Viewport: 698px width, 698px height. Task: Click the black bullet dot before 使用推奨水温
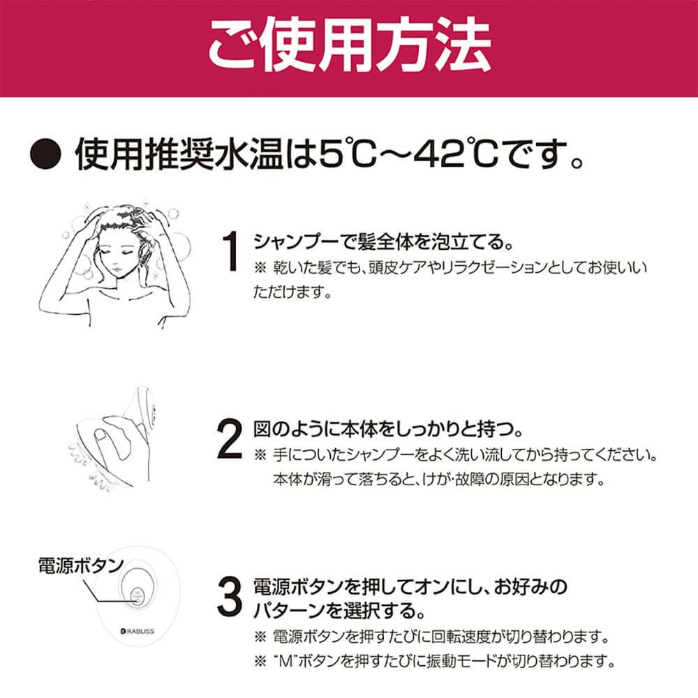coord(45,154)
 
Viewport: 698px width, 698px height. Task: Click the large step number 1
coord(231,251)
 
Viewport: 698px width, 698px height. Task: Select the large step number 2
coord(230,439)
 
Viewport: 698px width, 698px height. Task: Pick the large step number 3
coord(230,597)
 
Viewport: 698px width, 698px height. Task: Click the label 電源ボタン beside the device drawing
coord(80,566)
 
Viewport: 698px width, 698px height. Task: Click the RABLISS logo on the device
coord(138,631)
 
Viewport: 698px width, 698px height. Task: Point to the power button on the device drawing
coord(137,596)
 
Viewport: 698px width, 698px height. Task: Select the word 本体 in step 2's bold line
coord(359,429)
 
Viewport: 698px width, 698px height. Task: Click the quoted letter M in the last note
coord(285,661)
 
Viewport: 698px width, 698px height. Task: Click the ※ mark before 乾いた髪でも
coord(260,268)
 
